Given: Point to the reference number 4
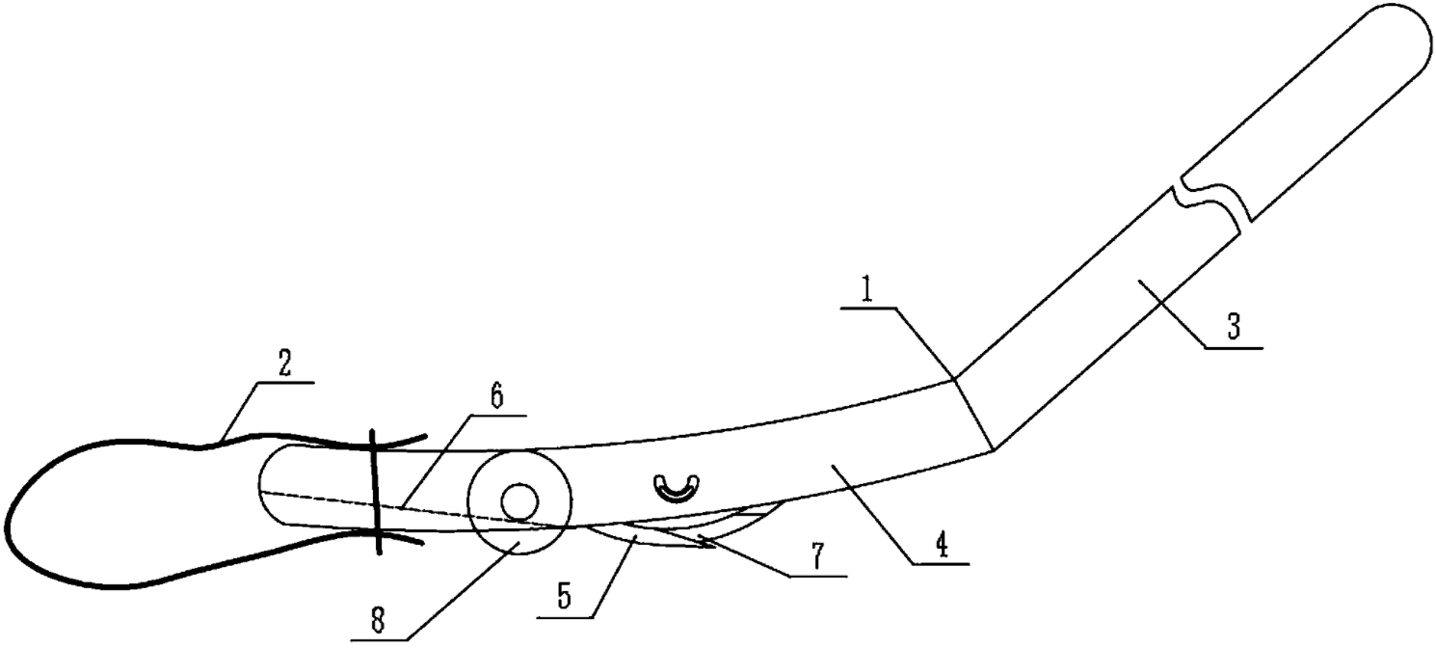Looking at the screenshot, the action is pyautogui.click(x=941, y=546).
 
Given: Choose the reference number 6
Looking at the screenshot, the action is pyautogui.click(x=495, y=398).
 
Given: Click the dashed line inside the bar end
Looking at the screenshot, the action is pyautogui.click(x=386, y=503).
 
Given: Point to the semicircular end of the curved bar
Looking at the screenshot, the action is pyautogui.click(x=266, y=487).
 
